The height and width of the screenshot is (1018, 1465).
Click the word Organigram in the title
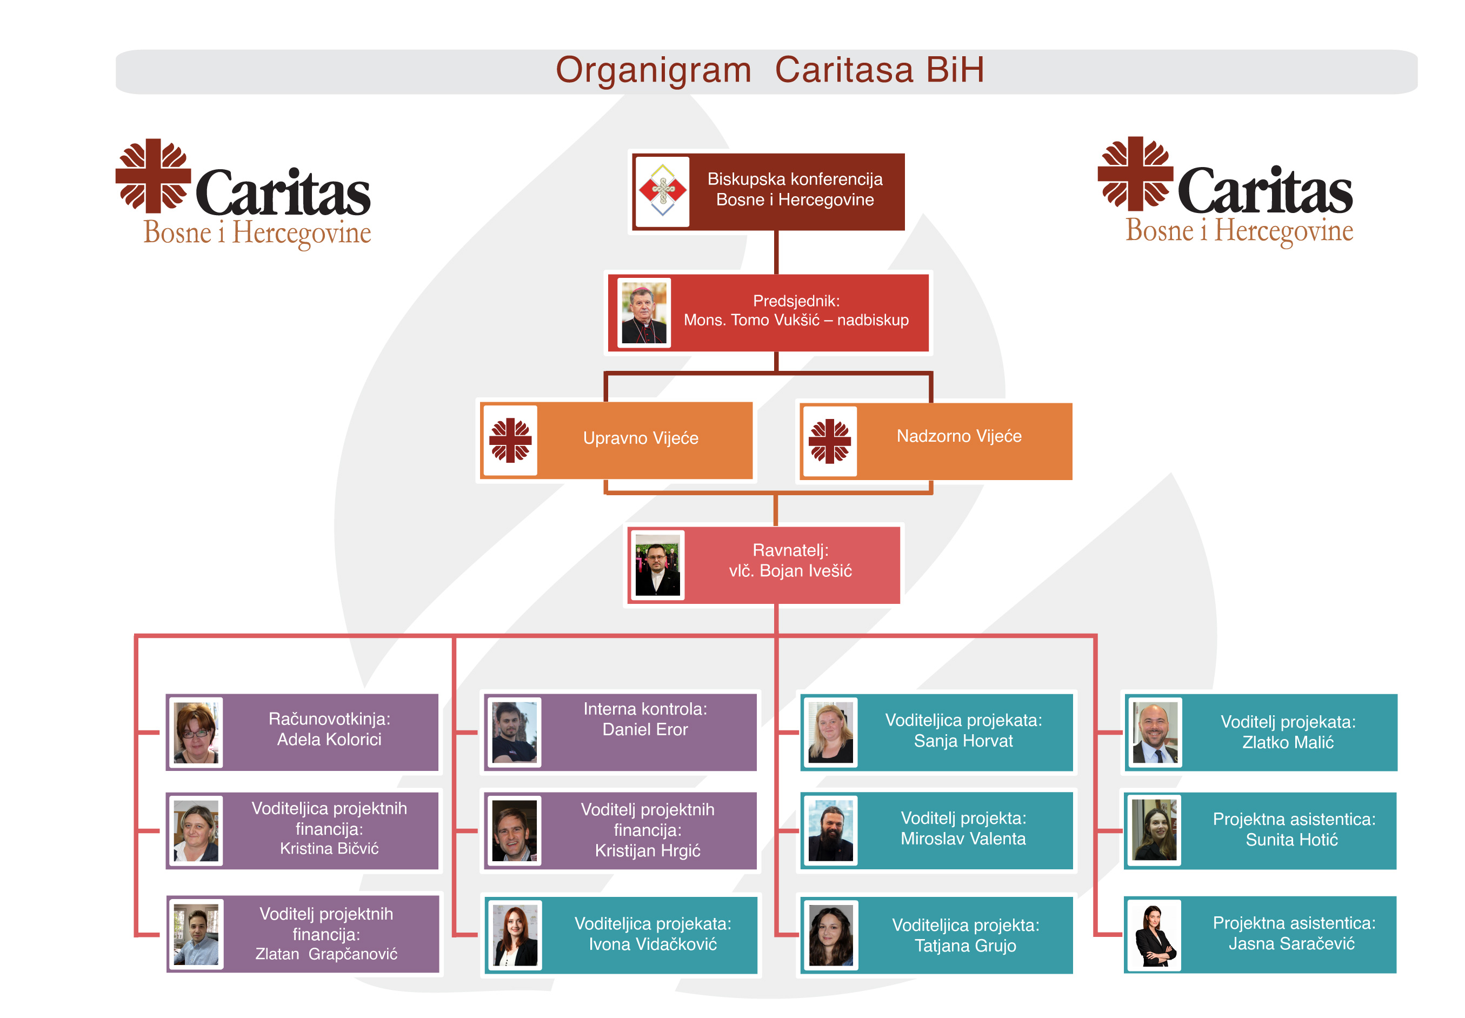coord(652,70)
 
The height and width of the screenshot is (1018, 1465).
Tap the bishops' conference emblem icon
coord(662,191)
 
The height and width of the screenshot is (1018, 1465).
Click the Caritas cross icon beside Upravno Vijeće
coord(510,440)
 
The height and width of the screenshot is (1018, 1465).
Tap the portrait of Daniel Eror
coord(514,731)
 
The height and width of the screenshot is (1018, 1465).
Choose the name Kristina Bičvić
coord(329,848)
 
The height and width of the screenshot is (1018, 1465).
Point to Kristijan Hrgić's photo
coord(514,830)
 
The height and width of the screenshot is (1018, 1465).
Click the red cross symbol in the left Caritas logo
coord(153,175)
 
